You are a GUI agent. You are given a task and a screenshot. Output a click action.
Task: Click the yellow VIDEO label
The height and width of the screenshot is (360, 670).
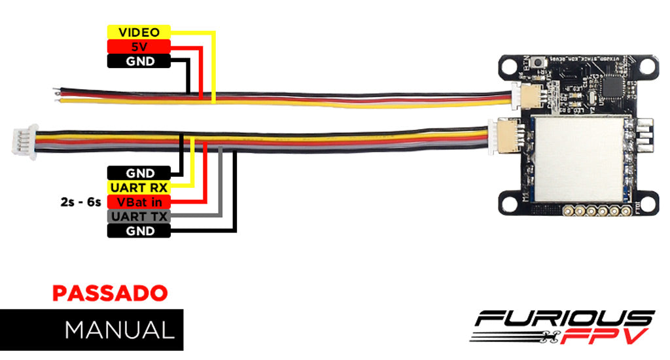pos(139,32)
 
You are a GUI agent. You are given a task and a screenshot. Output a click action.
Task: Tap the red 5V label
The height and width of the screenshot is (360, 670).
pos(139,46)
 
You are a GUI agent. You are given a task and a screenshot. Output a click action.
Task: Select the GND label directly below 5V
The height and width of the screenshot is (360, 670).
pos(139,61)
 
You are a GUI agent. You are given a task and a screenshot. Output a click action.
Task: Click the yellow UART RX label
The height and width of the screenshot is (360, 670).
pos(139,187)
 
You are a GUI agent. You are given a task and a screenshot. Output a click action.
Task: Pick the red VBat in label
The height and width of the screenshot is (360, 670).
pos(139,202)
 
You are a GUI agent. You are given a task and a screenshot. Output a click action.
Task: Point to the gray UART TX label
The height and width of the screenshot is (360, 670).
pos(139,216)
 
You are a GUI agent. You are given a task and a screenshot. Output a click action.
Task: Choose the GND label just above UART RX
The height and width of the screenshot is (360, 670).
pos(139,173)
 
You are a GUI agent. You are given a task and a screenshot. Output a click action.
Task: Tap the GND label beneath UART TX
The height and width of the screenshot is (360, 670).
pos(139,230)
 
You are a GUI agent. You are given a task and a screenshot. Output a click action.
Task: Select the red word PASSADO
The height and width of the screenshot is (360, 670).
pos(110,293)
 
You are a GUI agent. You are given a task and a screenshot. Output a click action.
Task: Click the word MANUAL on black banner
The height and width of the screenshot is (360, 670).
pos(120,329)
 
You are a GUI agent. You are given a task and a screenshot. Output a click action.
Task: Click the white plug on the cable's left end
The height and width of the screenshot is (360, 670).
pos(23,141)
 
